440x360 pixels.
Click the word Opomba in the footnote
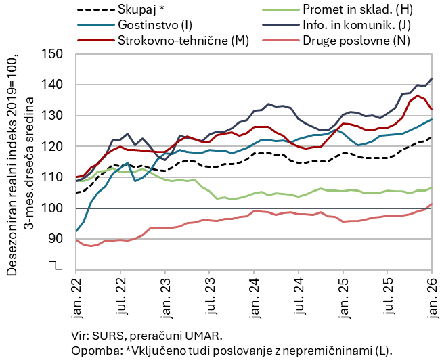coord(92,349)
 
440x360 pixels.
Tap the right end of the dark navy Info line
coord(432,78)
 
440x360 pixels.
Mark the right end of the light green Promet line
coord(432,187)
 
